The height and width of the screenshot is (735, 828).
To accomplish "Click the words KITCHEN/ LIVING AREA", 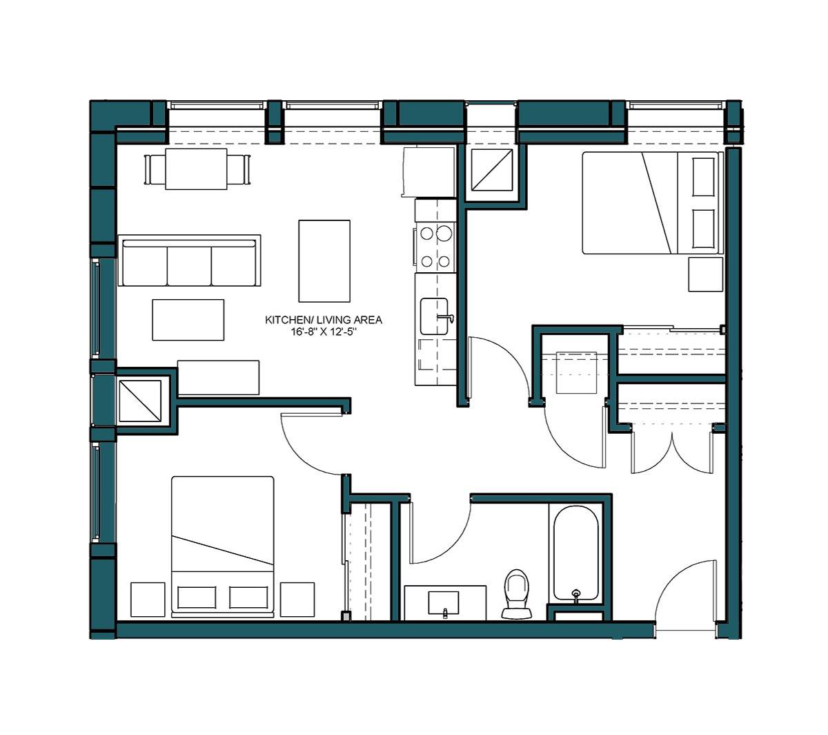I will pyautogui.click(x=324, y=320).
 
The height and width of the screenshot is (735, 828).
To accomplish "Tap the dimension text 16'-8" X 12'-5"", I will pyautogui.click(x=324, y=332).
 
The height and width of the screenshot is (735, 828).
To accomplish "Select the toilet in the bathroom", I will pyautogui.click(x=516, y=594).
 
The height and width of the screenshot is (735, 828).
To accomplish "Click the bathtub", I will pyautogui.click(x=575, y=553).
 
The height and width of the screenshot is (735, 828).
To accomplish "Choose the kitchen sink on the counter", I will pyautogui.click(x=435, y=317).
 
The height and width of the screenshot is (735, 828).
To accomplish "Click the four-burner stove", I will pyautogui.click(x=435, y=247).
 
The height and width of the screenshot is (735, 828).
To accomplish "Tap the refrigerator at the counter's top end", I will pyautogui.click(x=428, y=171).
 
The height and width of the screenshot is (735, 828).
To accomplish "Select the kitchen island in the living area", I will pyautogui.click(x=324, y=260).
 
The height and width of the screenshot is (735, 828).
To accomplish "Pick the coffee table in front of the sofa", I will pyautogui.click(x=188, y=320).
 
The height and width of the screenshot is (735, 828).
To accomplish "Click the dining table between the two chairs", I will pyautogui.click(x=196, y=169).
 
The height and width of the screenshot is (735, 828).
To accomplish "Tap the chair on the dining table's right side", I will pyautogui.click(x=238, y=169).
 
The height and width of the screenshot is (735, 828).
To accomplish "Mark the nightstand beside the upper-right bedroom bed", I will pyautogui.click(x=704, y=274).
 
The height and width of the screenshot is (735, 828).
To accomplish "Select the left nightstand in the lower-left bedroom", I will pyautogui.click(x=148, y=599).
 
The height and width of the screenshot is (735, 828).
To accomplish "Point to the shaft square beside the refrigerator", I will pyautogui.click(x=491, y=170).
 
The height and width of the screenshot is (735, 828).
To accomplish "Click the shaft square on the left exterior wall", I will pyautogui.click(x=140, y=401).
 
